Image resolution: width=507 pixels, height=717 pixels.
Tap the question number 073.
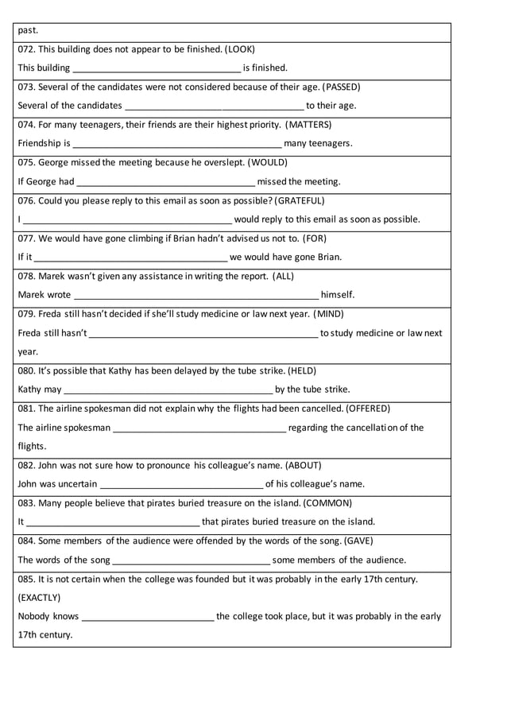coord(26,87)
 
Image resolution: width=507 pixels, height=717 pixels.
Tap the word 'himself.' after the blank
coord(338,295)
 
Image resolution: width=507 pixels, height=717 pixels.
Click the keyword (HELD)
coord(301,370)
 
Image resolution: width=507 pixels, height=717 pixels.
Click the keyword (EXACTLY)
coord(39,597)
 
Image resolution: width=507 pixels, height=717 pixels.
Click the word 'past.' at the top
coord(28,30)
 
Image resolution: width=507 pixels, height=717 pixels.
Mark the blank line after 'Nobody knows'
coord(148,617)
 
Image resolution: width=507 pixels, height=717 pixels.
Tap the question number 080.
coord(26,370)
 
